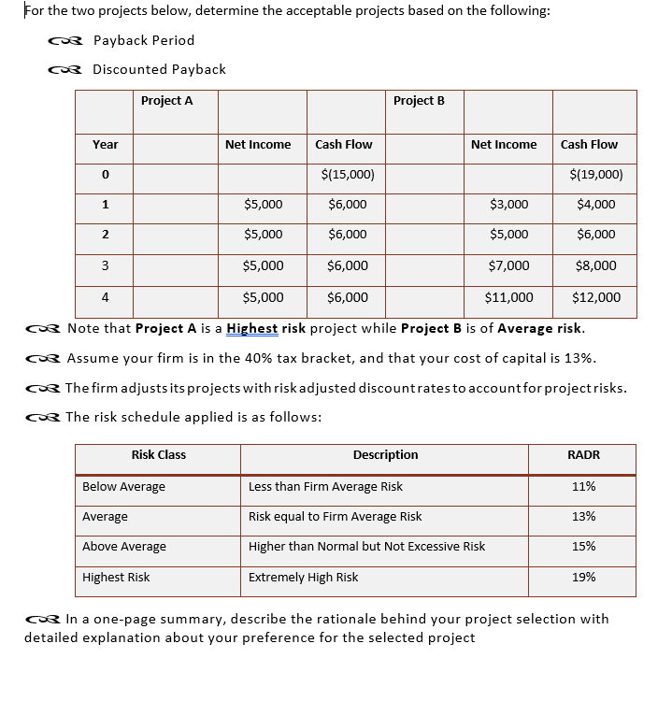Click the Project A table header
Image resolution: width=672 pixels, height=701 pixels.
[166, 101]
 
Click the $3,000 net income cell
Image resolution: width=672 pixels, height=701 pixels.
[509, 205]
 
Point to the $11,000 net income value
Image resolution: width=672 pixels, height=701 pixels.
[508, 298]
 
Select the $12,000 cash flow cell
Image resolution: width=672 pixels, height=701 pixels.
[595, 298]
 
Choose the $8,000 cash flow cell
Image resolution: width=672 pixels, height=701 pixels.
[596, 265]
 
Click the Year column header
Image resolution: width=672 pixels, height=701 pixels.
[105, 144]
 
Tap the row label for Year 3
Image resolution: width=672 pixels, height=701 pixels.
[105, 265]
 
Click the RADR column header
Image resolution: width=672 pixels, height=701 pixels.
[583, 455]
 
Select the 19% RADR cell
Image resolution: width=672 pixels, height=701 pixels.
[583, 578]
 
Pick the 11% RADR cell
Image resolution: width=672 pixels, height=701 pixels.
[583, 487]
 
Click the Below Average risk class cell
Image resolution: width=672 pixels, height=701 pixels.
[123, 487]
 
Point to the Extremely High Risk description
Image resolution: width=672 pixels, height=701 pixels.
[303, 578]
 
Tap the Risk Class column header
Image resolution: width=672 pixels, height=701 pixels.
[158, 455]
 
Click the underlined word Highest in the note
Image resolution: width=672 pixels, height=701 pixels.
[251, 329]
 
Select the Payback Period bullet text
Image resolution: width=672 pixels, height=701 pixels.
[143, 40]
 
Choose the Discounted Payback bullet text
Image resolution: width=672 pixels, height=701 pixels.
[159, 69]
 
